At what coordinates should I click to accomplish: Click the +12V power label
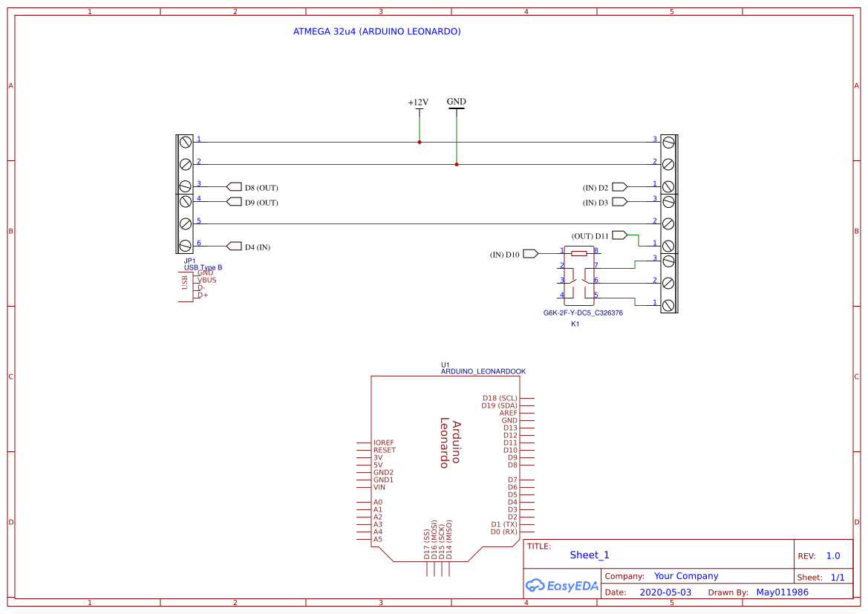[418, 102]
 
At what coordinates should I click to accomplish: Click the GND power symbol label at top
[456, 102]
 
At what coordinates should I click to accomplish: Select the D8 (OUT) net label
[261, 188]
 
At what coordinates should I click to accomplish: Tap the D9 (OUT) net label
[261, 203]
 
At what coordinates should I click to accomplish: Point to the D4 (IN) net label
[257, 246]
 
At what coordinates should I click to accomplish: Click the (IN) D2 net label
[595, 188]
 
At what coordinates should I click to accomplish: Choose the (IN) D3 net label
[595, 202]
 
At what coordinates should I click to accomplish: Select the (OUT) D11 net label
[590, 236]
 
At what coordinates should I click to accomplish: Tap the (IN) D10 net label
[505, 255]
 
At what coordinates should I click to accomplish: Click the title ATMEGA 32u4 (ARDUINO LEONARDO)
[377, 32]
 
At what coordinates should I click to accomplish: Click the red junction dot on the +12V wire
[420, 142]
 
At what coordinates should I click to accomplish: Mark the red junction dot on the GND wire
[456, 164]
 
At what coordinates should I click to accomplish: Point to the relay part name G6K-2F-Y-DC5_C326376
[583, 313]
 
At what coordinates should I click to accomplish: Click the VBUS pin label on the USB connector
[206, 281]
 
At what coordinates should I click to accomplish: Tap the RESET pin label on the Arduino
[384, 450]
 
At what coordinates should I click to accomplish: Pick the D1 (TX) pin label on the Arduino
[504, 524]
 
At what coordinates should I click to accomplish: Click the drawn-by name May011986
[782, 592]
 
